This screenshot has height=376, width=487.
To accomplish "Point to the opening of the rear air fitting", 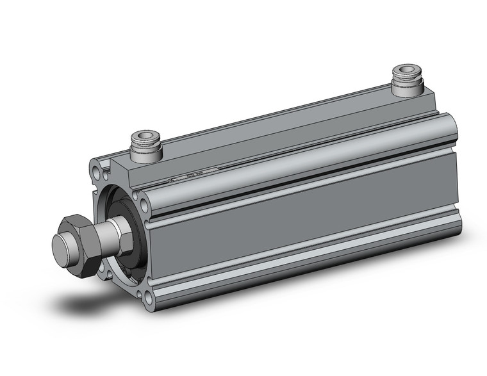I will coord(407,69).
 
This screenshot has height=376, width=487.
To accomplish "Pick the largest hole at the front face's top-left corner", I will coord(97,174).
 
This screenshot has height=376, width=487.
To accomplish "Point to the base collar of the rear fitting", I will coord(407,90).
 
